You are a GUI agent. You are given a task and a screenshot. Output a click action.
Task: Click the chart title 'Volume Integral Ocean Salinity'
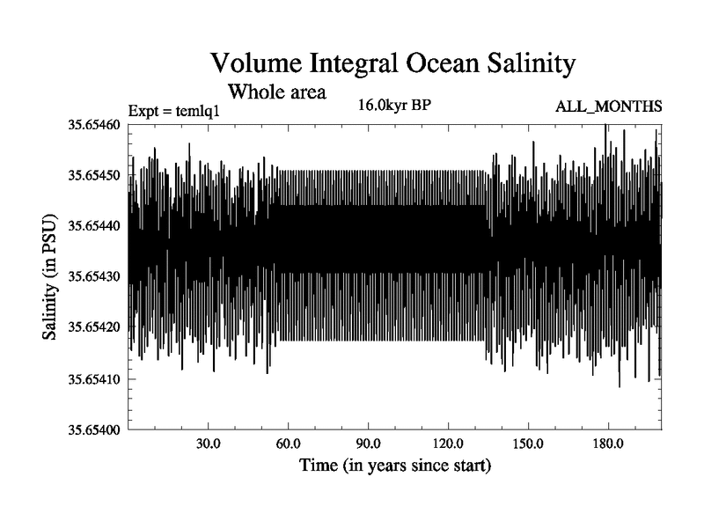pyautogui.click(x=392, y=63)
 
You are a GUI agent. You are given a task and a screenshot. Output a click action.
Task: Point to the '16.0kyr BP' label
pyautogui.click(x=393, y=106)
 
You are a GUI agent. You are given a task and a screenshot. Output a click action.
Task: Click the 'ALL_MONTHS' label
pyautogui.click(x=608, y=107)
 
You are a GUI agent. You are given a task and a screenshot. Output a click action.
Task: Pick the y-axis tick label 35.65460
pyautogui.click(x=95, y=125)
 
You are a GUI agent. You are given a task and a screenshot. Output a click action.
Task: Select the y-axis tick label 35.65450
pyautogui.click(x=95, y=176)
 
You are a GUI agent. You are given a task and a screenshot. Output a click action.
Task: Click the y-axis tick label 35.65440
pyautogui.click(x=95, y=226)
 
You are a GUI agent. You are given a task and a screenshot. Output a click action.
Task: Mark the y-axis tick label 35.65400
pyautogui.click(x=95, y=430)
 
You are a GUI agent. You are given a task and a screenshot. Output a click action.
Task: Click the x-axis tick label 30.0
pyautogui.click(x=209, y=444)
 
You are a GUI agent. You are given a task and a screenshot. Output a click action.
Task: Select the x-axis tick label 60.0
pyautogui.click(x=289, y=444)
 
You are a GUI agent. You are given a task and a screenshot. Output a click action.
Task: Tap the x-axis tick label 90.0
pyautogui.click(x=369, y=444)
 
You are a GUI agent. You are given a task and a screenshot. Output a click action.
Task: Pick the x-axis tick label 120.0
pyautogui.click(x=449, y=444)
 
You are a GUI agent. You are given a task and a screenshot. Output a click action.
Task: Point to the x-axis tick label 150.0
pyautogui.click(x=528, y=444)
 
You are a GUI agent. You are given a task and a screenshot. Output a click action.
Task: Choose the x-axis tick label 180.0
pyautogui.click(x=608, y=444)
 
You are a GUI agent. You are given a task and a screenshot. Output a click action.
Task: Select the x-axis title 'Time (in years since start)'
pyautogui.click(x=394, y=465)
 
